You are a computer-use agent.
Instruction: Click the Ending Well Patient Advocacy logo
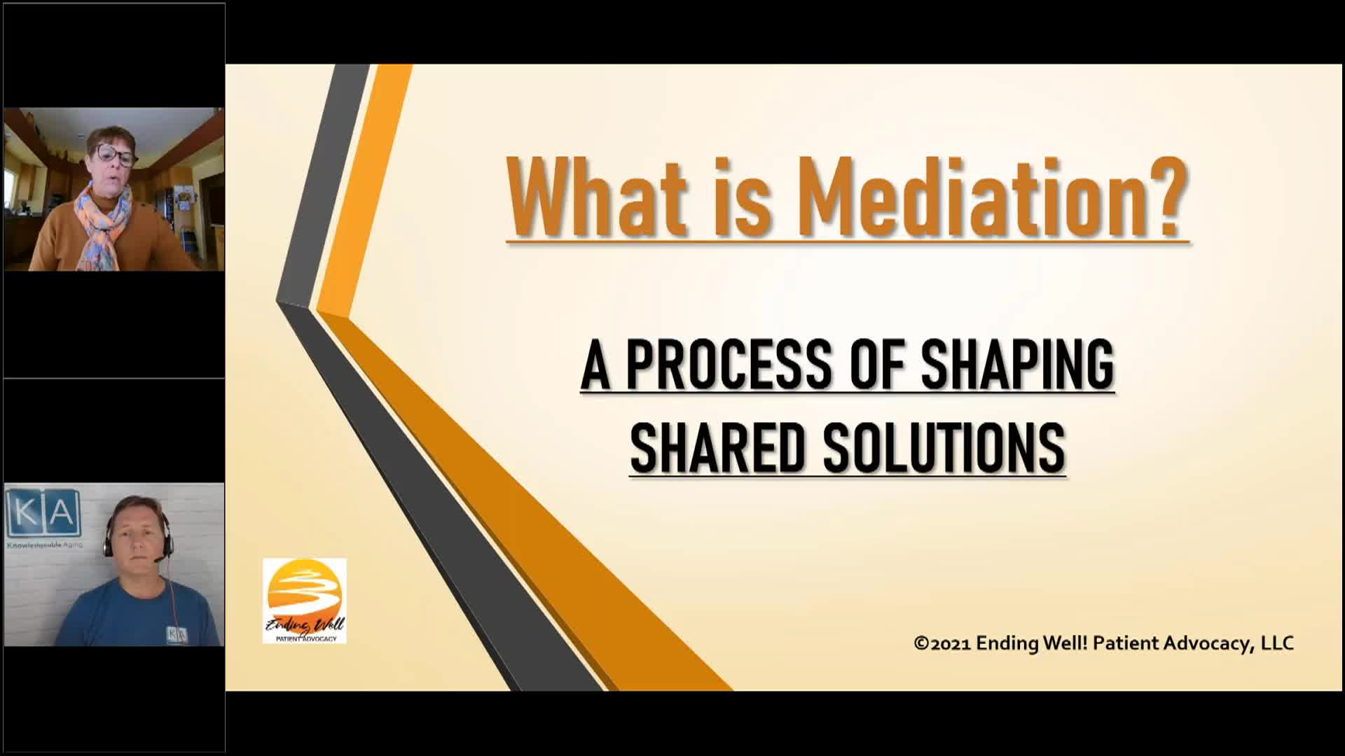pos(304,600)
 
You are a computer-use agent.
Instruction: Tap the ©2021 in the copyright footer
pos(941,643)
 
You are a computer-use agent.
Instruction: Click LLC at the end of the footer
pos(1277,643)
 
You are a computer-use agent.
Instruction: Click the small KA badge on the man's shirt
pos(177,633)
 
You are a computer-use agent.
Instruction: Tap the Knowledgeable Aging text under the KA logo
pos(43,544)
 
